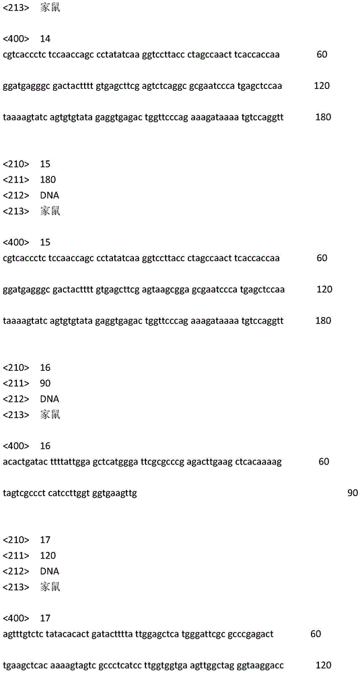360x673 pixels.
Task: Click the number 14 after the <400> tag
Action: (x=45, y=38)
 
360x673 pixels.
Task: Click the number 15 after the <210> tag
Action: (x=45, y=164)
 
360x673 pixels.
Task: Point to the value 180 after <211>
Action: (x=48, y=180)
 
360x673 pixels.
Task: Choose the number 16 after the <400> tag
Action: (x=45, y=446)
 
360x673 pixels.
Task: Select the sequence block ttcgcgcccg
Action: (x=166, y=462)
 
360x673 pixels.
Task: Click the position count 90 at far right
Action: (x=352, y=493)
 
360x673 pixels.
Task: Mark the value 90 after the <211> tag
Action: (x=45, y=383)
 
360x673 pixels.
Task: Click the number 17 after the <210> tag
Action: (x=45, y=540)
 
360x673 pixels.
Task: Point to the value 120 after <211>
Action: (x=48, y=555)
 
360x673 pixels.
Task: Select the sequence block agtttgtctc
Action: (x=23, y=634)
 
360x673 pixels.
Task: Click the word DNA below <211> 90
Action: (x=49, y=398)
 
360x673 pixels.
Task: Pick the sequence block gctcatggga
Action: (x=118, y=462)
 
